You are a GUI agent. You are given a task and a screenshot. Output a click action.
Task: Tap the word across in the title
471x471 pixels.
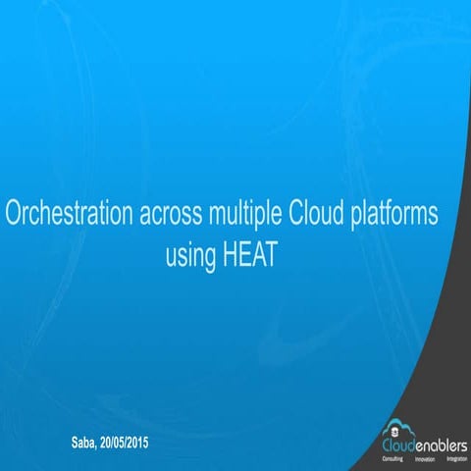tap(168, 213)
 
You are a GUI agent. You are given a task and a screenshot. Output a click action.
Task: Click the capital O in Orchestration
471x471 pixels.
tap(14, 213)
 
